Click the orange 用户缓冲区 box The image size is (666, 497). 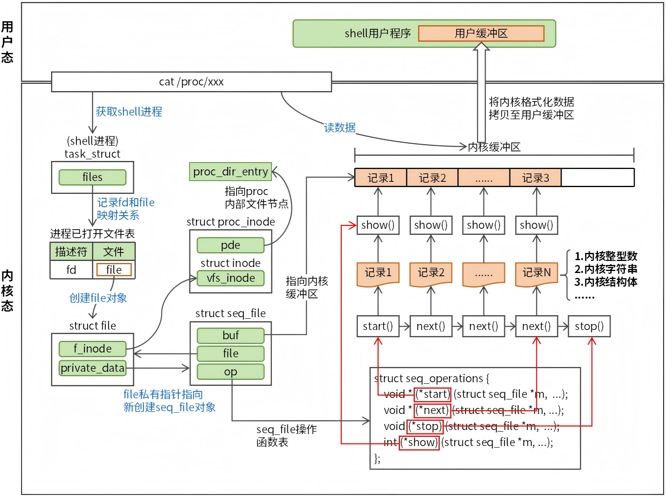point(481,33)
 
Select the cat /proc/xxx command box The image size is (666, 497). point(191,81)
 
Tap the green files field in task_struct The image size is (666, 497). point(92,177)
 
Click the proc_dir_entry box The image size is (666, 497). point(230,172)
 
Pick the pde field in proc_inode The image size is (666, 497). point(230,245)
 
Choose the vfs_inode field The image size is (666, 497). point(230,278)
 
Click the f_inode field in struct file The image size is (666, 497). point(92,348)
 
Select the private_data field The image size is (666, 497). point(92,368)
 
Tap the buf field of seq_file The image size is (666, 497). point(230,335)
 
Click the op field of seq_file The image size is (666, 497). point(230,372)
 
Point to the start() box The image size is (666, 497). point(378,326)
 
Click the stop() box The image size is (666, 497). point(589,326)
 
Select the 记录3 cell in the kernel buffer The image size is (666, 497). point(536,178)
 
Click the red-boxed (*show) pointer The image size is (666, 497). point(419,442)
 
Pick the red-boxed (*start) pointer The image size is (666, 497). point(432,394)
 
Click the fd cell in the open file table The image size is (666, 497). point(71,269)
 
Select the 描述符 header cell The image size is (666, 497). point(71,252)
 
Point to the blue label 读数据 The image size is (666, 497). point(340,128)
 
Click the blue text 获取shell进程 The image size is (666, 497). point(129,112)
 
